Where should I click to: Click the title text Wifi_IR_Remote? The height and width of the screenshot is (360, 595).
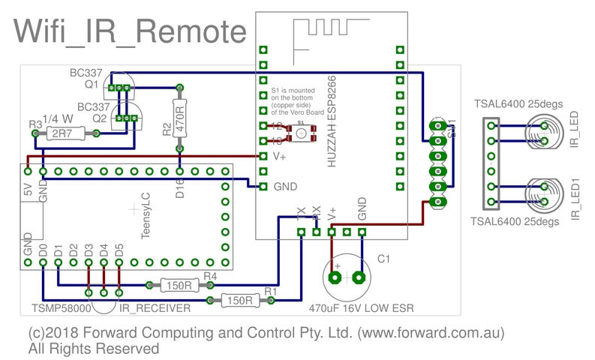(130, 31)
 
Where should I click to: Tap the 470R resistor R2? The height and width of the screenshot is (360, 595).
(179, 117)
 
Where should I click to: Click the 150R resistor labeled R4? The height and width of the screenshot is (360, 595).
(179, 285)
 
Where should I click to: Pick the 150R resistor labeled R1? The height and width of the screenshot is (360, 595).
(239, 301)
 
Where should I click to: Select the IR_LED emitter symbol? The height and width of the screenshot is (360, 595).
(542, 133)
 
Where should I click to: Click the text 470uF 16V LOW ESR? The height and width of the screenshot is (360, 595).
(362, 307)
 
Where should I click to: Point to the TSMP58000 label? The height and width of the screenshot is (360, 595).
(62, 308)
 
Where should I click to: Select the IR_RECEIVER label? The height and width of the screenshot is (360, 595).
(154, 308)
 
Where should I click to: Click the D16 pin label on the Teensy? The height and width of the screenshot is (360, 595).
(179, 188)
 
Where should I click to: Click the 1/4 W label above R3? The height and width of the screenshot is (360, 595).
(59, 118)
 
